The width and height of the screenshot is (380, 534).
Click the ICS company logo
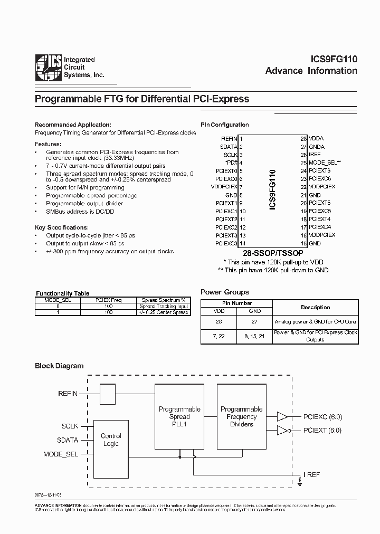pyautogui.click(x=47, y=69)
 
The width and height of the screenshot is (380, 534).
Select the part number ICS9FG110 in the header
pyautogui.click(x=334, y=60)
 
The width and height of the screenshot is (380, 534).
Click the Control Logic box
pyautogui.click(x=111, y=440)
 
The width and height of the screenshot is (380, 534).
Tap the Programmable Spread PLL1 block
pyautogui.click(x=179, y=416)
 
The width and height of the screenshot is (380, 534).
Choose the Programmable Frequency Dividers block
pyautogui.click(x=241, y=416)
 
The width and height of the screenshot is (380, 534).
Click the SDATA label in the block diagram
pyautogui.click(x=68, y=440)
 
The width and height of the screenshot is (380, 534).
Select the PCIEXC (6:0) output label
pyautogui.click(x=323, y=417)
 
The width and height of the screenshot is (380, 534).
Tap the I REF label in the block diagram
pyautogui.click(x=311, y=474)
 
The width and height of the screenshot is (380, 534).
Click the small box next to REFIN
pyautogui.click(x=108, y=394)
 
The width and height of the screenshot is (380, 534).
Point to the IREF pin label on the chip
pyautogui.click(x=315, y=155)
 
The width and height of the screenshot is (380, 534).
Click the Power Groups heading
pyautogui.click(x=225, y=292)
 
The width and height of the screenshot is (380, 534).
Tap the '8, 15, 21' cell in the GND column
pyautogui.click(x=255, y=336)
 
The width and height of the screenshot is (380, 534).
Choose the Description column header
pyautogui.click(x=315, y=307)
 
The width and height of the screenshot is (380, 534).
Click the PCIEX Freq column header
pyautogui.click(x=109, y=300)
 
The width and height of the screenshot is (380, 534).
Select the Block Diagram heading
pyautogui.click(x=59, y=366)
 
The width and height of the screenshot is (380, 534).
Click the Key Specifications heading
pyautogui.click(x=62, y=227)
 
